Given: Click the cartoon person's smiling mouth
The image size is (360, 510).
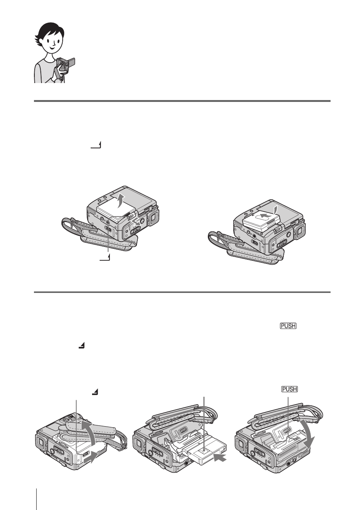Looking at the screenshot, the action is click(x=52, y=48).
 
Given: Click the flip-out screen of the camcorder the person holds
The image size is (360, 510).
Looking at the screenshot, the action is click(x=72, y=62).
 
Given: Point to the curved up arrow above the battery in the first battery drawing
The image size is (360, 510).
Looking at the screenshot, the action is click(x=121, y=200).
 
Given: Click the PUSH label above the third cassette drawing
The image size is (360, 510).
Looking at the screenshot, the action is click(x=289, y=389).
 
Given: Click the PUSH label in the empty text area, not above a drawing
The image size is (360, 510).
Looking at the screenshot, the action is click(x=288, y=326).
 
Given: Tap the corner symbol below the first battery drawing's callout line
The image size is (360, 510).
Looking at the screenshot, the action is click(x=105, y=258).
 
